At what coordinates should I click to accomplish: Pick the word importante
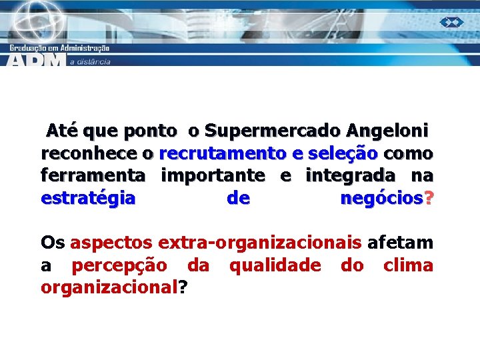(213, 176)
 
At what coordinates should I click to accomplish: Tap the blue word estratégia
(88, 199)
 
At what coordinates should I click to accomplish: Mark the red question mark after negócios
(428, 199)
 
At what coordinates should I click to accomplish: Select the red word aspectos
(111, 243)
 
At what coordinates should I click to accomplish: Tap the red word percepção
(119, 265)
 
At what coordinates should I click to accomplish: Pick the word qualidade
(275, 265)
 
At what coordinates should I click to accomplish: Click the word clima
(408, 265)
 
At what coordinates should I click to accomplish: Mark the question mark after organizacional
(183, 288)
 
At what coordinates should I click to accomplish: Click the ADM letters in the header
(37, 60)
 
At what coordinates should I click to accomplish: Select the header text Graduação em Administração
(59, 47)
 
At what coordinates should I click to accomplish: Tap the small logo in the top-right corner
(451, 22)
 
